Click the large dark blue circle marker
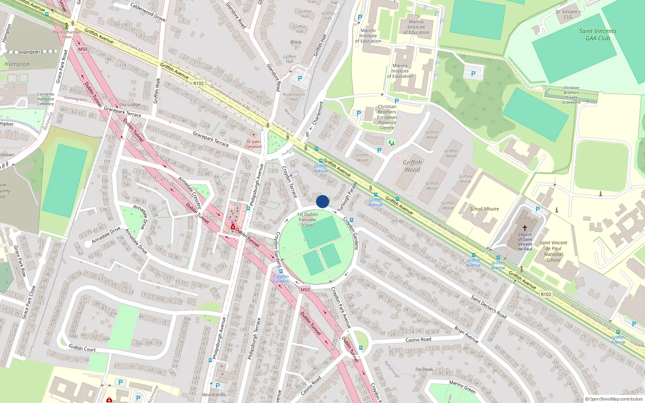click(x=322, y=201)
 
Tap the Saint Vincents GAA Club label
click(x=597, y=35)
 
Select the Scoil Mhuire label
click(x=484, y=209)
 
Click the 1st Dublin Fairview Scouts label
click(x=308, y=220)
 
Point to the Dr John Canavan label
click(x=254, y=144)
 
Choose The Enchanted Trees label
click(x=67, y=34)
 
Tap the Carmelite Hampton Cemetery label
click(x=46, y=99)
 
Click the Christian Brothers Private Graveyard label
click(x=571, y=95)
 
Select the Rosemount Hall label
click(x=294, y=97)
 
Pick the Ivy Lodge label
click(x=130, y=105)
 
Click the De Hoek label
click(x=424, y=370)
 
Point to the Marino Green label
click(x=462, y=387)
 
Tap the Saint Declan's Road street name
click(x=489, y=307)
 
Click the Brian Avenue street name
click(x=466, y=334)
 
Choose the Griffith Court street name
click(x=82, y=348)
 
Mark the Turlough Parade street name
click(x=347, y=197)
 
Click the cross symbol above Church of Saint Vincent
click(x=524, y=228)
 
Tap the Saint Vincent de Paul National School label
click(x=553, y=251)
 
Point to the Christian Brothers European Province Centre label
click(x=387, y=117)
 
